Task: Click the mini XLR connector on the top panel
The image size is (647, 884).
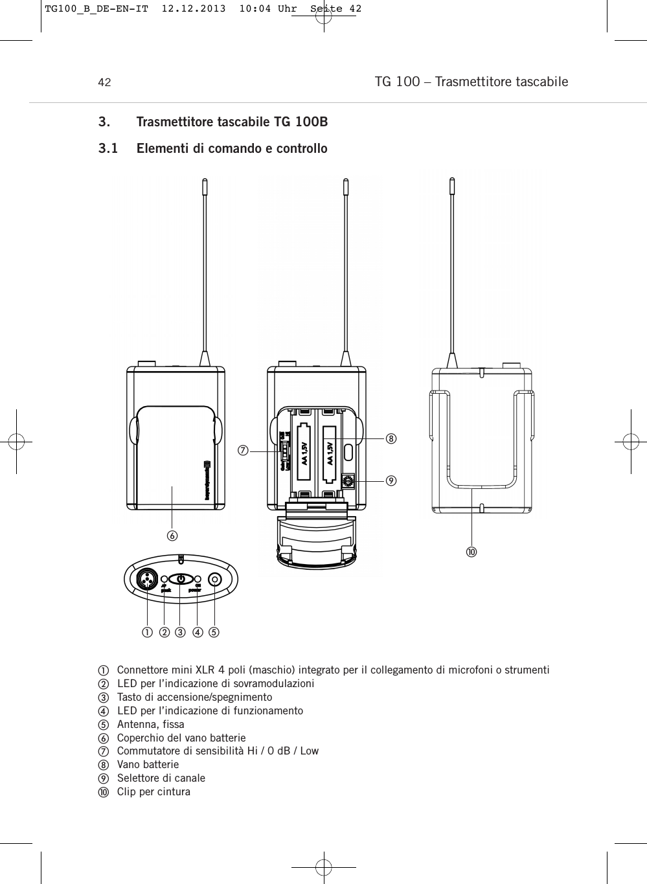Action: point(147,579)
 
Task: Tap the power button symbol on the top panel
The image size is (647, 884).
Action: point(181,579)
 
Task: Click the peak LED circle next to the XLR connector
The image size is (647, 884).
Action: point(165,579)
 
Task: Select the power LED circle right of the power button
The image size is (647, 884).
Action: point(198,579)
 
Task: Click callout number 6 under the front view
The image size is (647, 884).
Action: point(172,536)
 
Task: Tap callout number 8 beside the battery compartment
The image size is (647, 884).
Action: point(391,438)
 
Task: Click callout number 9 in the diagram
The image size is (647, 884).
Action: point(391,481)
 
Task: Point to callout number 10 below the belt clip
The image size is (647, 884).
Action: point(471,552)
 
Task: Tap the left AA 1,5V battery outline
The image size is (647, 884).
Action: point(302,453)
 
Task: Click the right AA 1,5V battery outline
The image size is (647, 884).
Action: point(330,453)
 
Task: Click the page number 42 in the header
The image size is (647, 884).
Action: point(104,83)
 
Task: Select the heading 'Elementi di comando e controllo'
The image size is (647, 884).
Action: point(232,149)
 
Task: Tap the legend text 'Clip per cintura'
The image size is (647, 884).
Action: point(153,791)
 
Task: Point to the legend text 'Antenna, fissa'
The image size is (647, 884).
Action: point(150,724)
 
